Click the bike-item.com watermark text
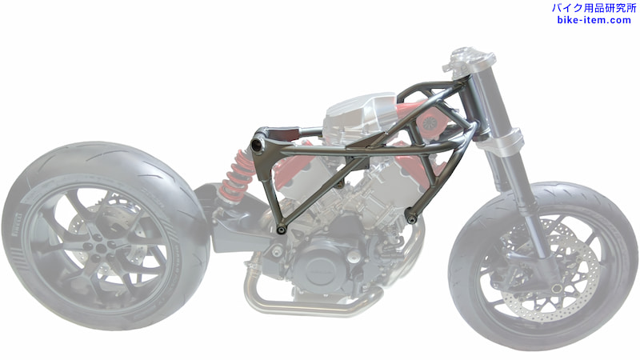coord(594,20)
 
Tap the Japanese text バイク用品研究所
coord(594,8)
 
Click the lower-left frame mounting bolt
coord(281,230)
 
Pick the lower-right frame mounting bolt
coord(411,221)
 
